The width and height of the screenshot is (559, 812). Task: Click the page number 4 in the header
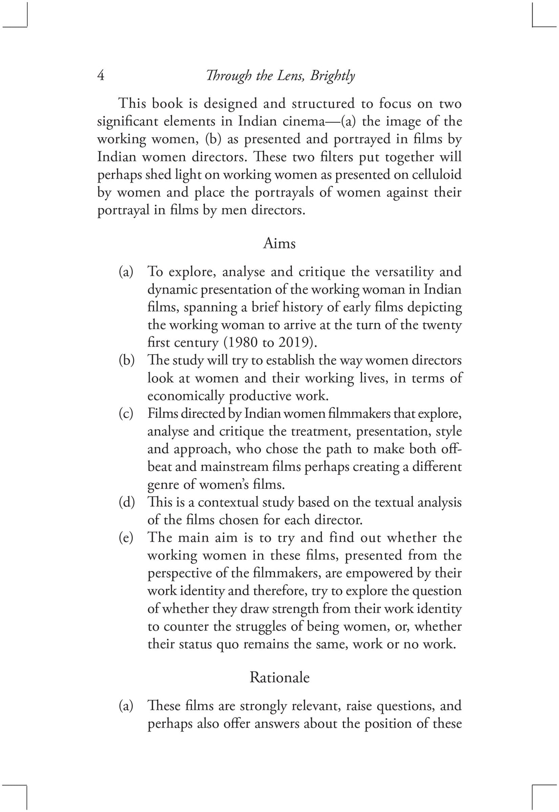click(x=101, y=76)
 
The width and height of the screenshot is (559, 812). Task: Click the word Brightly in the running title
click(x=332, y=76)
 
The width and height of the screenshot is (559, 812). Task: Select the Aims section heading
click(x=279, y=243)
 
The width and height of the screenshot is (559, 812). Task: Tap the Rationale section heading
click(x=279, y=677)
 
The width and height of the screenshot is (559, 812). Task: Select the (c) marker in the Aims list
click(x=126, y=413)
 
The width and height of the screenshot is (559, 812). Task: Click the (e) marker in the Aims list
click(x=126, y=538)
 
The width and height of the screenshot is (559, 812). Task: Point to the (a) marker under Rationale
click(x=126, y=706)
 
